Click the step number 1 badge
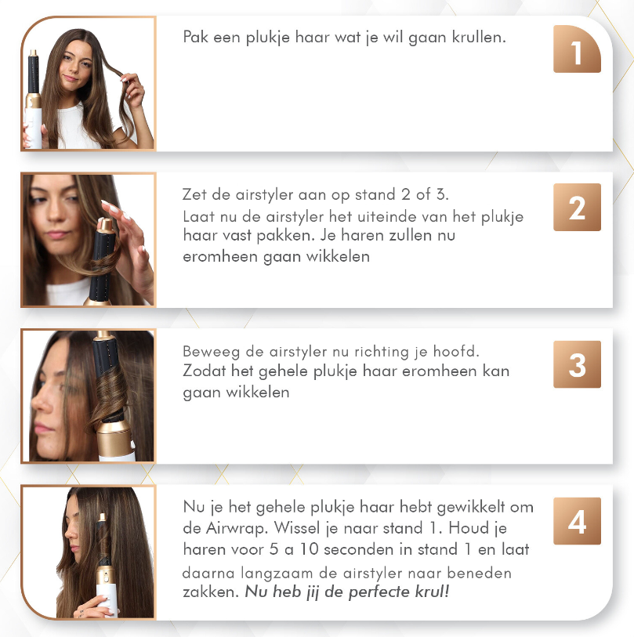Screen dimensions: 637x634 point(577,50)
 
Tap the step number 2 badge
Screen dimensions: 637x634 point(577,208)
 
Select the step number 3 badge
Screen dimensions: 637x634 point(577,364)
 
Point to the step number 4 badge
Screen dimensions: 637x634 point(577,521)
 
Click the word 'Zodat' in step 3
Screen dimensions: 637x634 point(202,371)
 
